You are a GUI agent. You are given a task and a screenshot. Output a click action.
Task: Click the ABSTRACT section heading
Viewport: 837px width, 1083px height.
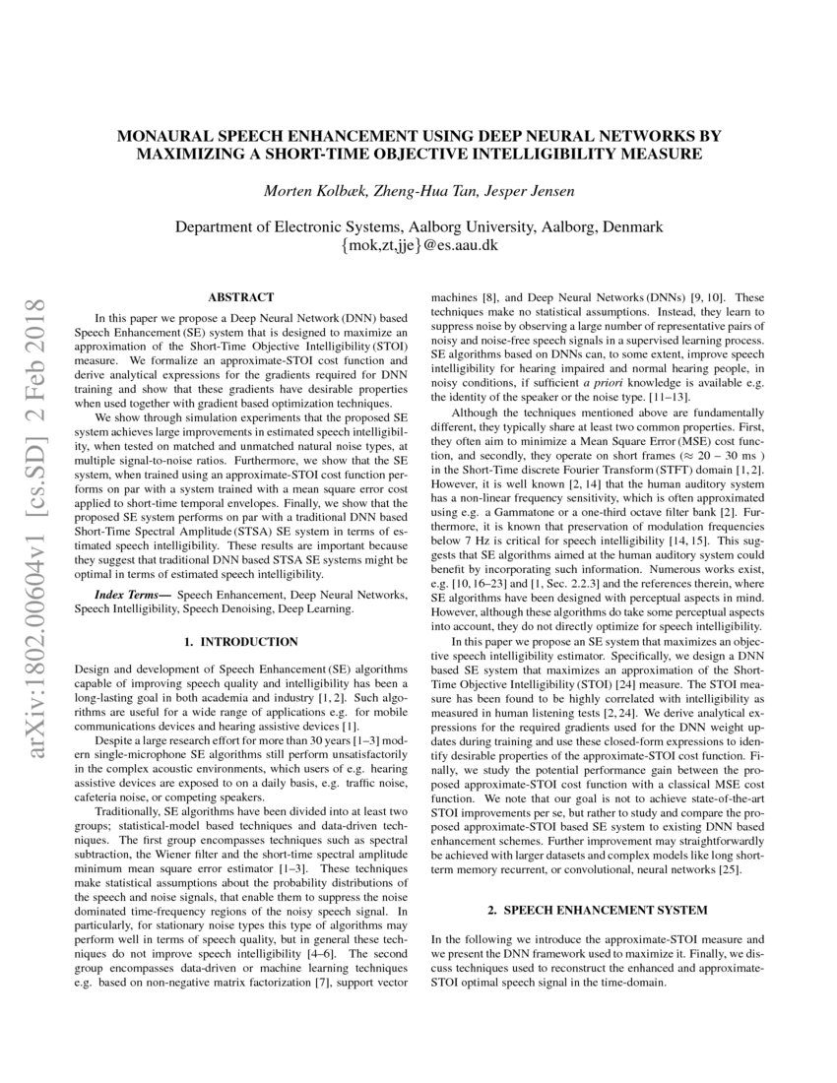[240, 296]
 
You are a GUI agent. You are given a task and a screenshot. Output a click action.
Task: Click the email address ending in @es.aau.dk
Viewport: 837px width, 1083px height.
[418, 246]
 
